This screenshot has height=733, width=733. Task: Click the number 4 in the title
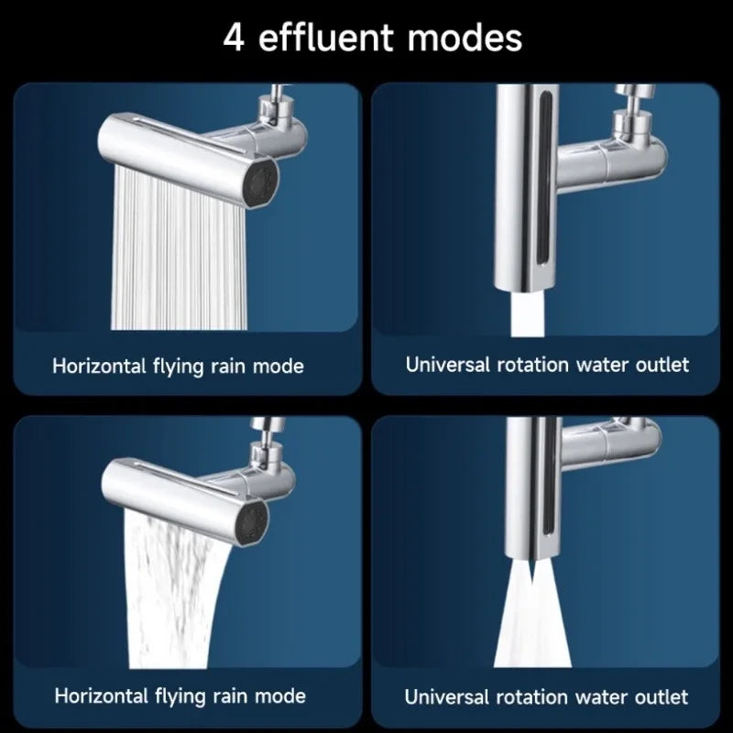tap(234, 38)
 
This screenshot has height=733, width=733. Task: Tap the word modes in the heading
tap(465, 38)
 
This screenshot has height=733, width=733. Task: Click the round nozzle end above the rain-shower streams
tap(260, 181)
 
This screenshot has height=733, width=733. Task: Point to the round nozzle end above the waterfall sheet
tap(253, 522)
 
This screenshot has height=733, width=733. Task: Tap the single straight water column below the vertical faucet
tap(528, 314)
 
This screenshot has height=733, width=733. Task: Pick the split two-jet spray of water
tap(532, 613)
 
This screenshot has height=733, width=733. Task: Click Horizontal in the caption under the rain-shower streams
tap(100, 365)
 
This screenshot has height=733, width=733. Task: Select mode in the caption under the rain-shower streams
tap(279, 366)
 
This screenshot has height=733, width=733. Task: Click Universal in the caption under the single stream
tap(447, 365)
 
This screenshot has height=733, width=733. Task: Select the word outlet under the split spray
tap(662, 697)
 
